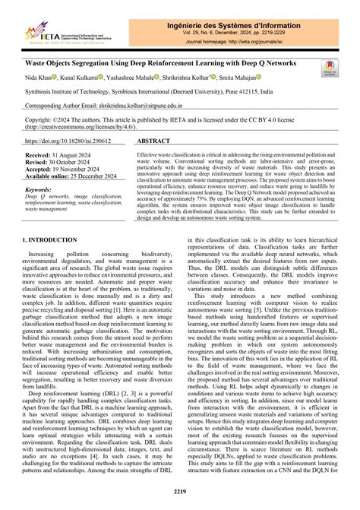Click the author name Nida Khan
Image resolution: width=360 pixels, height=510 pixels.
tap(41, 78)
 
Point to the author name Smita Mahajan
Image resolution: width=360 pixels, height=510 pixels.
tap(235, 78)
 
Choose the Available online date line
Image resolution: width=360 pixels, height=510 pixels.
tap(77, 176)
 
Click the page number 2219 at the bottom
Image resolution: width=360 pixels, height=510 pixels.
tap(180, 493)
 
